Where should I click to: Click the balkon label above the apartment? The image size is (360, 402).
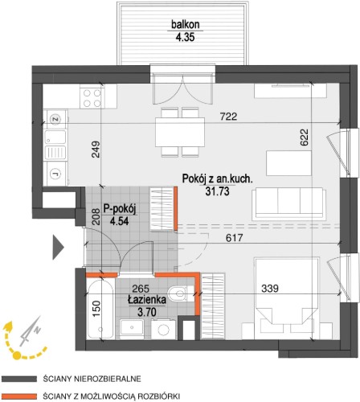[x=186, y=25]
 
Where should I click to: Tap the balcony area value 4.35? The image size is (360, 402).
[x=185, y=37]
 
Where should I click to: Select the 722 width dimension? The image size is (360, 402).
[x=228, y=117]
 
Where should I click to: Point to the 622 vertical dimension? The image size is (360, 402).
[x=305, y=137]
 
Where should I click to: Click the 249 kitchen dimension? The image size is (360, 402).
[x=96, y=150]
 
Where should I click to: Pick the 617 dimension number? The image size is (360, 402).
[x=235, y=237]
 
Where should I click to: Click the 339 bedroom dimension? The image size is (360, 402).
[x=270, y=289]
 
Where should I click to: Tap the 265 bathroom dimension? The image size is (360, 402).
[x=141, y=289]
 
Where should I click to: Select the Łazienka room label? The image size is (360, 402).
[x=147, y=300]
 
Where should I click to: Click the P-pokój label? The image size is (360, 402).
[x=120, y=209]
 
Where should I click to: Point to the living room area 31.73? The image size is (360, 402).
[x=217, y=191]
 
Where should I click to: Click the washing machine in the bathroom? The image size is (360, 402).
[x=164, y=329]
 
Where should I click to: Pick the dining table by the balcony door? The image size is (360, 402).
[x=180, y=132]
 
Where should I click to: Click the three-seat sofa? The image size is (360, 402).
[x=288, y=203]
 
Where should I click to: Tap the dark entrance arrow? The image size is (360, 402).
[x=58, y=248]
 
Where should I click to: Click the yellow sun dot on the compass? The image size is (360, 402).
[x=17, y=355]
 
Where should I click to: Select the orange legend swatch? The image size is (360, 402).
[x=18, y=396]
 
